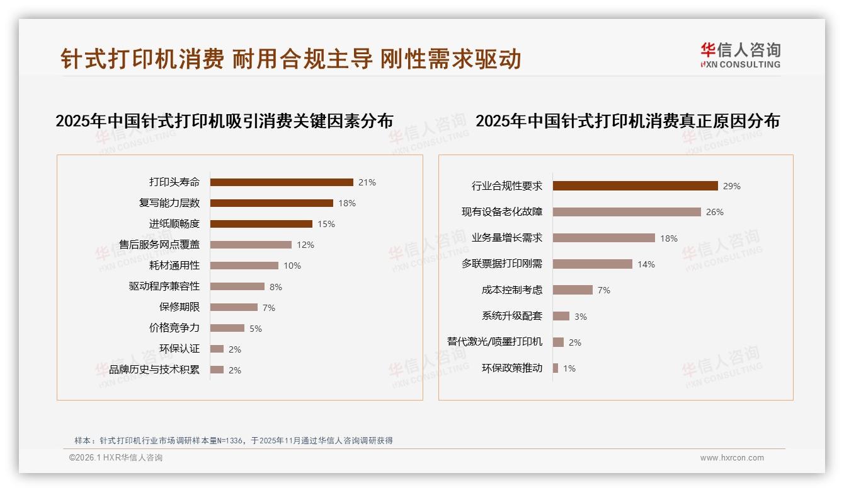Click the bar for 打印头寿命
click(x=282, y=182)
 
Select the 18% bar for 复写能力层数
click(x=271, y=203)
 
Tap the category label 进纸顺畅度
click(x=174, y=224)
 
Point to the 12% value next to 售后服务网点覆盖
click(x=305, y=245)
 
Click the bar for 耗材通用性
click(x=244, y=266)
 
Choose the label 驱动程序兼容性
click(x=164, y=286)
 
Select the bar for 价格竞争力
click(x=227, y=328)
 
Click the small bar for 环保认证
click(x=217, y=349)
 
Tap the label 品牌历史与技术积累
click(x=154, y=370)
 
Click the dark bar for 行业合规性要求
click(x=636, y=186)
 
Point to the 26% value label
click(x=714, y=213)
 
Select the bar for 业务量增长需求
click(x=604, y=238)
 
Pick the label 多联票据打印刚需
click(x=502, y=264)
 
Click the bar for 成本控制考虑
click(x=573, y=290)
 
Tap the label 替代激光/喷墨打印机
click(x=494, y=342)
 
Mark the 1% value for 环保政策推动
click(x=569, y=368)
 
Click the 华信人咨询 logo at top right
click(x=740, y=56)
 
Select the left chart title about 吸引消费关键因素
click(x=224, y=120)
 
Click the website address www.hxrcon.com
click(x=732, y=458)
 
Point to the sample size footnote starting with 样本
click(x=234, y=441)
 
